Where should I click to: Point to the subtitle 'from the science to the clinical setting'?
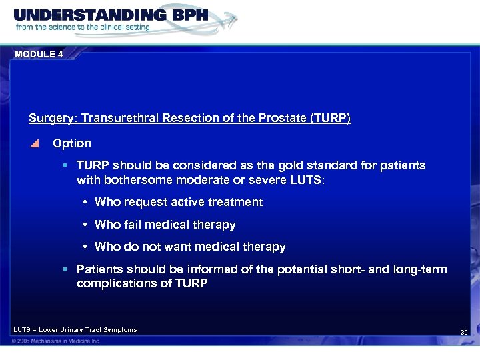(83, 28)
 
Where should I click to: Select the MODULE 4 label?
(38, 54)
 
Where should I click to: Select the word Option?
(72, 143)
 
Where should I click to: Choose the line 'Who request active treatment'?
(179, 202)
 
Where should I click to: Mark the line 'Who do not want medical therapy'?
(190, 247)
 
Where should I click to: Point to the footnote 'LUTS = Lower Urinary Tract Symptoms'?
(75, 330)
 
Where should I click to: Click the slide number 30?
(464, 332)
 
